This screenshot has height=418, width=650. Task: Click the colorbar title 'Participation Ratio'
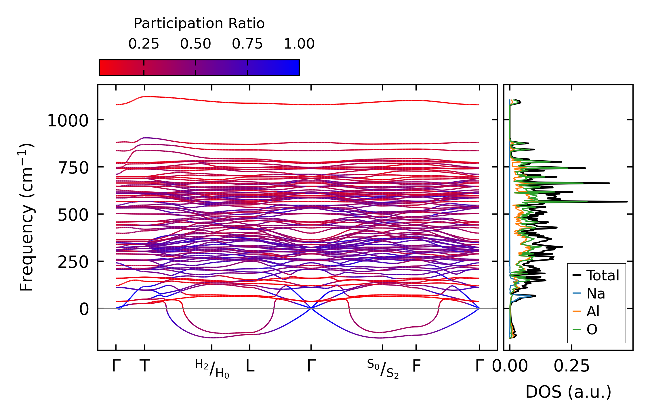tap(199, 24)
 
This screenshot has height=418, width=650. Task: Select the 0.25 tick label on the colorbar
tap(144, 44)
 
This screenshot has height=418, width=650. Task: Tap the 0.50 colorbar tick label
tap(196, 44)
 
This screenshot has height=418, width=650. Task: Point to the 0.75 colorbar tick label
tap(247, 44)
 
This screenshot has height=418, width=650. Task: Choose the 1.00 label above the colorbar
tap(299, 44)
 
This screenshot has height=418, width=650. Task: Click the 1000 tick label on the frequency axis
tap(68, 121)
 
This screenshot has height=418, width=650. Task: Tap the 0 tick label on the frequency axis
tap(84, 309)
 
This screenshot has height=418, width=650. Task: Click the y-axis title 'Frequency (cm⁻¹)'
tap(26, 217)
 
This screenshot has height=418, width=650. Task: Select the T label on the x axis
tap(145, 366)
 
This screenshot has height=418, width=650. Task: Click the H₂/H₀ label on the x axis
tap(212, 369)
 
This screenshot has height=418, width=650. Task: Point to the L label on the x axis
tap(250, 366)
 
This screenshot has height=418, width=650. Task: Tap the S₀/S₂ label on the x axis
tap(383, 369)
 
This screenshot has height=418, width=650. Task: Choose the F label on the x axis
tap(416, 366)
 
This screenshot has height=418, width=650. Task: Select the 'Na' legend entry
tap(596, 294)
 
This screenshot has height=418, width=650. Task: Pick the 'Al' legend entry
tap(593, 311)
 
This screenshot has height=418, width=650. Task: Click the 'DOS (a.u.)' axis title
tap(568, 392)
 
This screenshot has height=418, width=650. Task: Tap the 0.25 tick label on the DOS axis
tap(572, 366)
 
